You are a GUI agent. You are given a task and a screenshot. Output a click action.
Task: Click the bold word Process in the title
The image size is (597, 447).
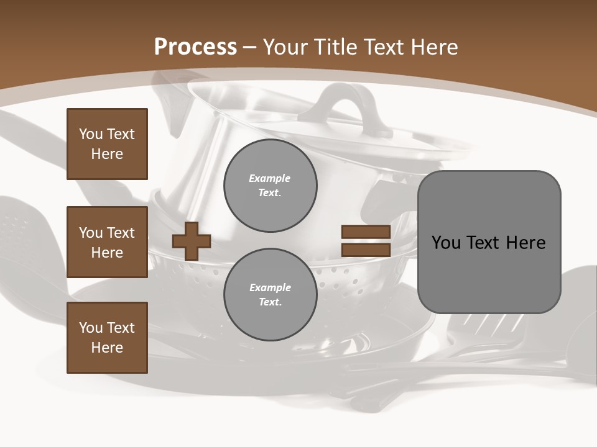pyautogui.click(x=195, y=47)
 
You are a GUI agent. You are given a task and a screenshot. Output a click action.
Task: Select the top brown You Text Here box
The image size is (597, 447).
pyautogui.click(x=107, y=144)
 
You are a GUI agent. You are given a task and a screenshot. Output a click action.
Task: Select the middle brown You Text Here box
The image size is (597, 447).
pyautogui.click(x=107, y=242)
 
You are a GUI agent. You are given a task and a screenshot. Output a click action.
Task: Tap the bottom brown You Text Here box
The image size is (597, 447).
pyautogui.click(x=107, y=338)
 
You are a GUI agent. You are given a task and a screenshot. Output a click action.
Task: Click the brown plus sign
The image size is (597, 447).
pyautogui.click(x=191, y=241)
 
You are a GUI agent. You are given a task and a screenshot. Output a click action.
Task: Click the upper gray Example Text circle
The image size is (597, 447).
pyautogui.click(x=271, y=185)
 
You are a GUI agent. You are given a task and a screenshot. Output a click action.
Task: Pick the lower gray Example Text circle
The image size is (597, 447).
pyautogui.click(x=271, y=294)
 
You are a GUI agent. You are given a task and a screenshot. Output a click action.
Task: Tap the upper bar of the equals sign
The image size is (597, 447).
pyautogui.click(x=366, y=232)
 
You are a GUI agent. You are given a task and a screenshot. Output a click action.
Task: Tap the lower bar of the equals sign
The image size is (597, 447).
pyautogui.click(x=366, y=250)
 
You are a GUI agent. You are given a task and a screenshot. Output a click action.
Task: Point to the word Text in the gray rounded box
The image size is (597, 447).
pyautogui.click(x=487, y=243)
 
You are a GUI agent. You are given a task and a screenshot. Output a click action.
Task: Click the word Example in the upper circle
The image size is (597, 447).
pyautogui.click(x=270, y=178)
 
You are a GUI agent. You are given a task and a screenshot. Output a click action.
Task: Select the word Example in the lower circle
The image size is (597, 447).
pyautogui.click(x=270, y=287)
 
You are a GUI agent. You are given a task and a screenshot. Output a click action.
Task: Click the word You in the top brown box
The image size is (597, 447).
pyautogui.click(x=90, y=134)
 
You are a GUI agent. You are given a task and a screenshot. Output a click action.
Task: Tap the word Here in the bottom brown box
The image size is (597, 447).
pyautogui.click(x=107, y=348)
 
